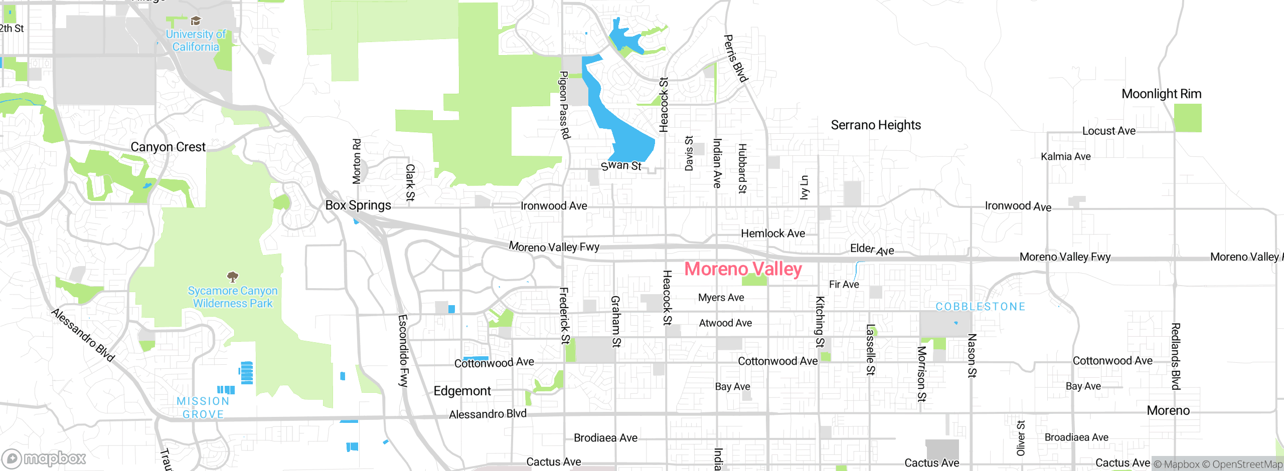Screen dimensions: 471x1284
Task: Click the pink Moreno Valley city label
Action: pyautogui.click(x=743, y=269)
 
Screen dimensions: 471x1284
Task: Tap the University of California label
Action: pyautogui.click(x=196, y=41)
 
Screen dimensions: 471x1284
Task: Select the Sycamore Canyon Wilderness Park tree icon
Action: pyautogui.click(x=232, y=276)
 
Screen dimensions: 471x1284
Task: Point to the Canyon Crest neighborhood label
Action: pyautogui.click(x=168, y=147)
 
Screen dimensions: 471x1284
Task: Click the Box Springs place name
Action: pyautogui.click(x=358, y=205)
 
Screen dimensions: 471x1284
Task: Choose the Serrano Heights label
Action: pyautogui.click(x=876, y=125)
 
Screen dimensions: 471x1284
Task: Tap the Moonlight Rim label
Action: pyautogui.click(x=1161, y=94)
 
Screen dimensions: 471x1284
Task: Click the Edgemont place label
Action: pyautogui.click(x=462, y=391)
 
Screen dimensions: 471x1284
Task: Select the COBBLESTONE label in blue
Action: pyautogui.click(x=980, y=307)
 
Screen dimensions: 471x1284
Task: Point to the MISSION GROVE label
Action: pyautogui.click(x=203, y=408)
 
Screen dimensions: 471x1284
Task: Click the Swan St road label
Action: pyautogui.click(x=621, y=165)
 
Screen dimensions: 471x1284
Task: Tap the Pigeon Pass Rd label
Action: pyautogui.click(x=564, y=105)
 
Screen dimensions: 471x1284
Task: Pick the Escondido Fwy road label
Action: pyautogui.click(x=403, y=351)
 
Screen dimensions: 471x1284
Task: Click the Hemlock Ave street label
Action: pyautogui.click(x=772, y=233)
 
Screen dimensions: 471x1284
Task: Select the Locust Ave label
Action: pyautogui.click(x=1108, y=131)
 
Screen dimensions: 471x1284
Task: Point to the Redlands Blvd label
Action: pyautogui.click(x=1175, y=356)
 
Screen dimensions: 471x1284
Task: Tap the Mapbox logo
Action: pyautogui.click(x=44, y=458)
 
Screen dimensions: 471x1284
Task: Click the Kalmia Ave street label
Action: pyautogui.click(x=1065, y=157)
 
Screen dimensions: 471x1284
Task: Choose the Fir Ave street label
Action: pyautogui.click(x=844, y=285)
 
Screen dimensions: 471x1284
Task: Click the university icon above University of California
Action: pyautogui.click(x=196, y=21)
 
